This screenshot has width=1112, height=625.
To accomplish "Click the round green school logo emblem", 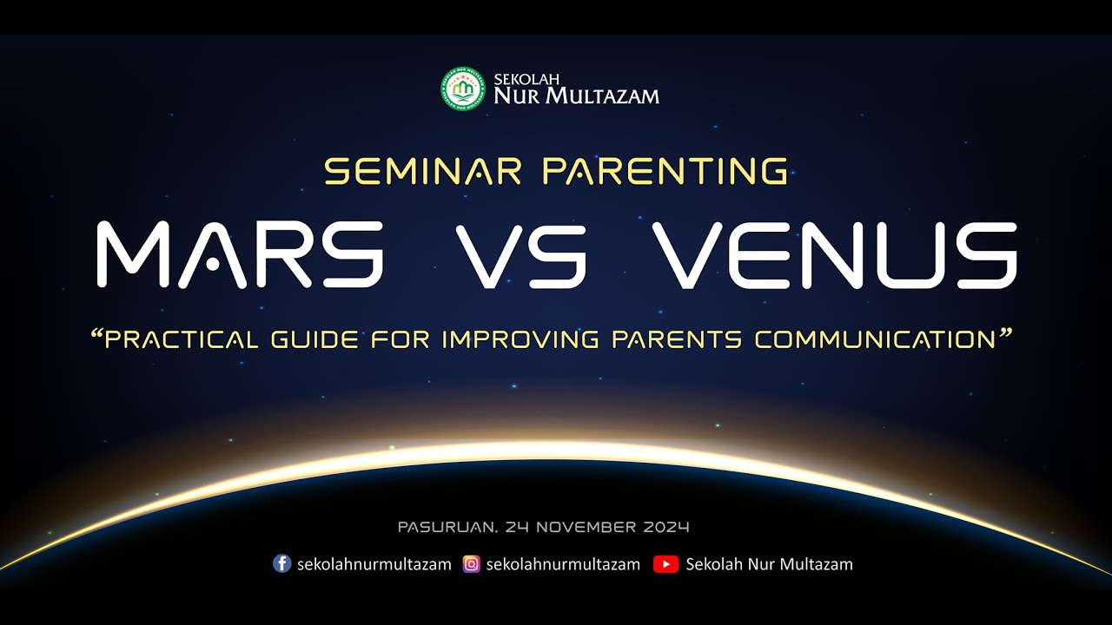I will pyautogui.click(x=462, y=89).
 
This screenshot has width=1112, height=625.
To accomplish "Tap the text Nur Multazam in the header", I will pyautogui.click(x=576, y=95).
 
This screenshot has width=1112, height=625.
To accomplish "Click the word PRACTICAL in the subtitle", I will pyautogui.click(x=182, y=339).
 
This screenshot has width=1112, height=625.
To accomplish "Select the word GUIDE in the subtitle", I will pyautogui.click(x=316, y=339).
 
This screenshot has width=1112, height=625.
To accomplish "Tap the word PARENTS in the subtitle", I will pyautogui.click(x=677, y=339).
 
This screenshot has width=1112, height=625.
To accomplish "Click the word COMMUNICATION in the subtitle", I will pyautogui.click(x=874, y=339).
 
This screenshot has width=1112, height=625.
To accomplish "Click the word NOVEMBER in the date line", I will pyautogui.click(x=587, y=527).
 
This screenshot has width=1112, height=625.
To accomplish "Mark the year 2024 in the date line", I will pyautogui.click(x=666, y=527).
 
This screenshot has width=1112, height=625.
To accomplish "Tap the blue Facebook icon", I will pyautogui.click(x=282, y=564).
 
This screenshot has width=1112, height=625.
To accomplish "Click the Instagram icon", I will pyautogui.click(x=472, y=564).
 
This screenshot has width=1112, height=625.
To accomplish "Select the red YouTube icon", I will pyautogui.click(x=665, y=564).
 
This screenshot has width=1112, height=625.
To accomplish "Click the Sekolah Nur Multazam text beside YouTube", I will pyautogui.click(x=769, y=564).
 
